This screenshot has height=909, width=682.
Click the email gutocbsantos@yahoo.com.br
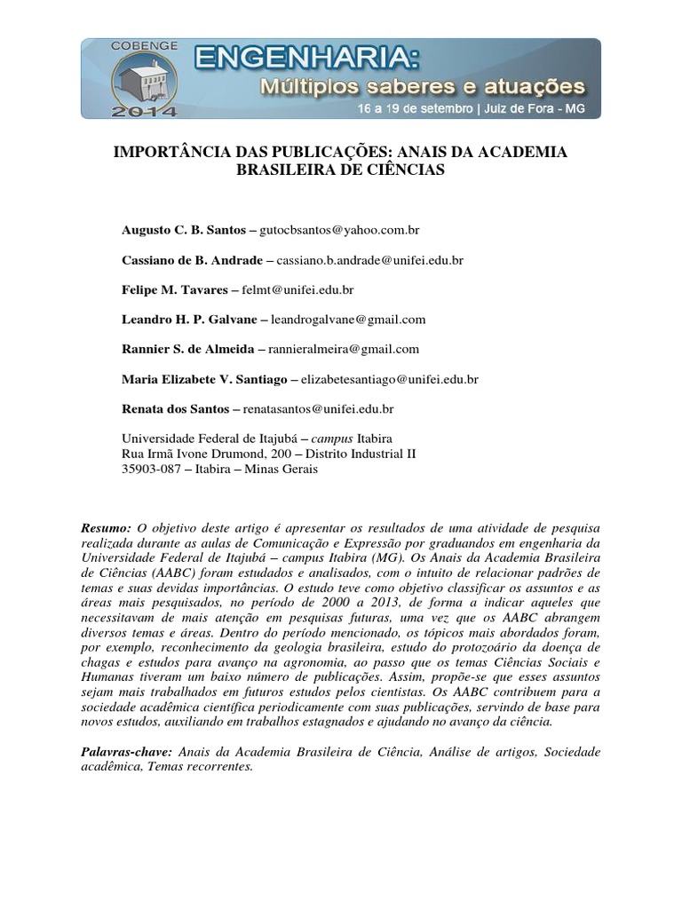pos(340,229)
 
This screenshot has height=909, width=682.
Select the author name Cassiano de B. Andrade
pos(191,260)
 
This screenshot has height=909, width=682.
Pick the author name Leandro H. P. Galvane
pos(188,319)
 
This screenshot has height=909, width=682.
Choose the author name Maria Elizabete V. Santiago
pos(204,379)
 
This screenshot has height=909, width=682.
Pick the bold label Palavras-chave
pos(126,752)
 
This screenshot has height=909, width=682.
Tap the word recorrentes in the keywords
pos(219,767)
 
